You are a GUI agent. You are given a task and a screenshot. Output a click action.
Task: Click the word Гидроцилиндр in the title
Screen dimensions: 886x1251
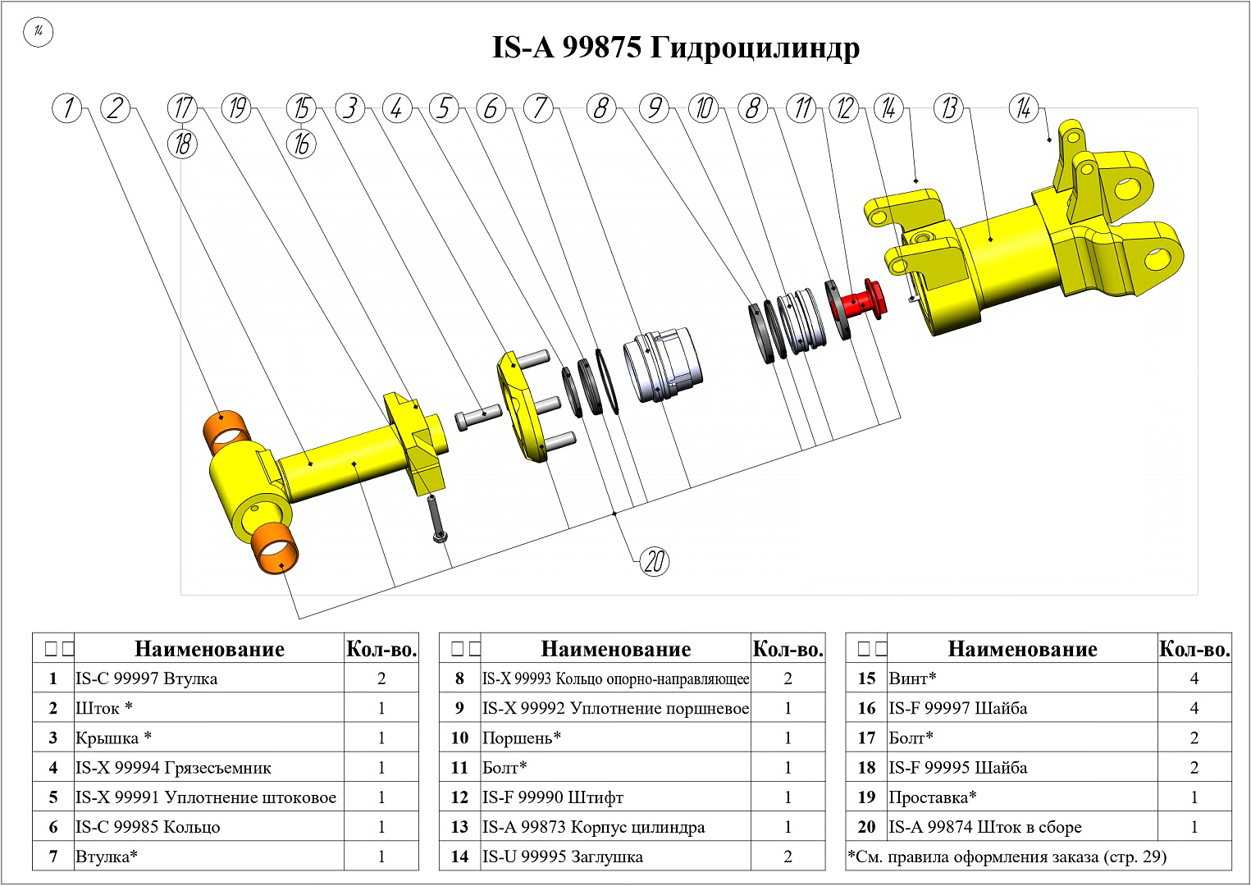755,48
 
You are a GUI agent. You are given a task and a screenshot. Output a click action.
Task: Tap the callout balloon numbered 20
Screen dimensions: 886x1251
654,562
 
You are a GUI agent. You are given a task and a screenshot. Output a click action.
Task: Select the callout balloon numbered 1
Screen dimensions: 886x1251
67,108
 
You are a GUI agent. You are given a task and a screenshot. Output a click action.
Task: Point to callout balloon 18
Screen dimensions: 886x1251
183,144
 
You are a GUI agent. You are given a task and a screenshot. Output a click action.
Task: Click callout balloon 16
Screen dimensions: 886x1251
301,144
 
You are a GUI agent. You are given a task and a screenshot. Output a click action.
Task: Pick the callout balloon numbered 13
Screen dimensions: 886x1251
949,108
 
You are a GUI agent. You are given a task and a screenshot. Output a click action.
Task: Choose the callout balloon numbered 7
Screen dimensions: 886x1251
539,108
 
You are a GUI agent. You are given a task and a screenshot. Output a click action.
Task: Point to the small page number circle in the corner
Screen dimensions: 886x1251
38,32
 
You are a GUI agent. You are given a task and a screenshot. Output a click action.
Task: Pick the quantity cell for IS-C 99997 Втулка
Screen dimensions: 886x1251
381,678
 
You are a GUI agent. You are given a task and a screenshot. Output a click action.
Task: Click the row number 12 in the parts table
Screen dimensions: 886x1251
459,797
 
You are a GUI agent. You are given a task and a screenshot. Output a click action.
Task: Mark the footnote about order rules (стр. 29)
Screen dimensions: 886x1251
1007,856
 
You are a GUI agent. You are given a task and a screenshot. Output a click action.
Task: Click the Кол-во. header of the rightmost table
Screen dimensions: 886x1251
1194,649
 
